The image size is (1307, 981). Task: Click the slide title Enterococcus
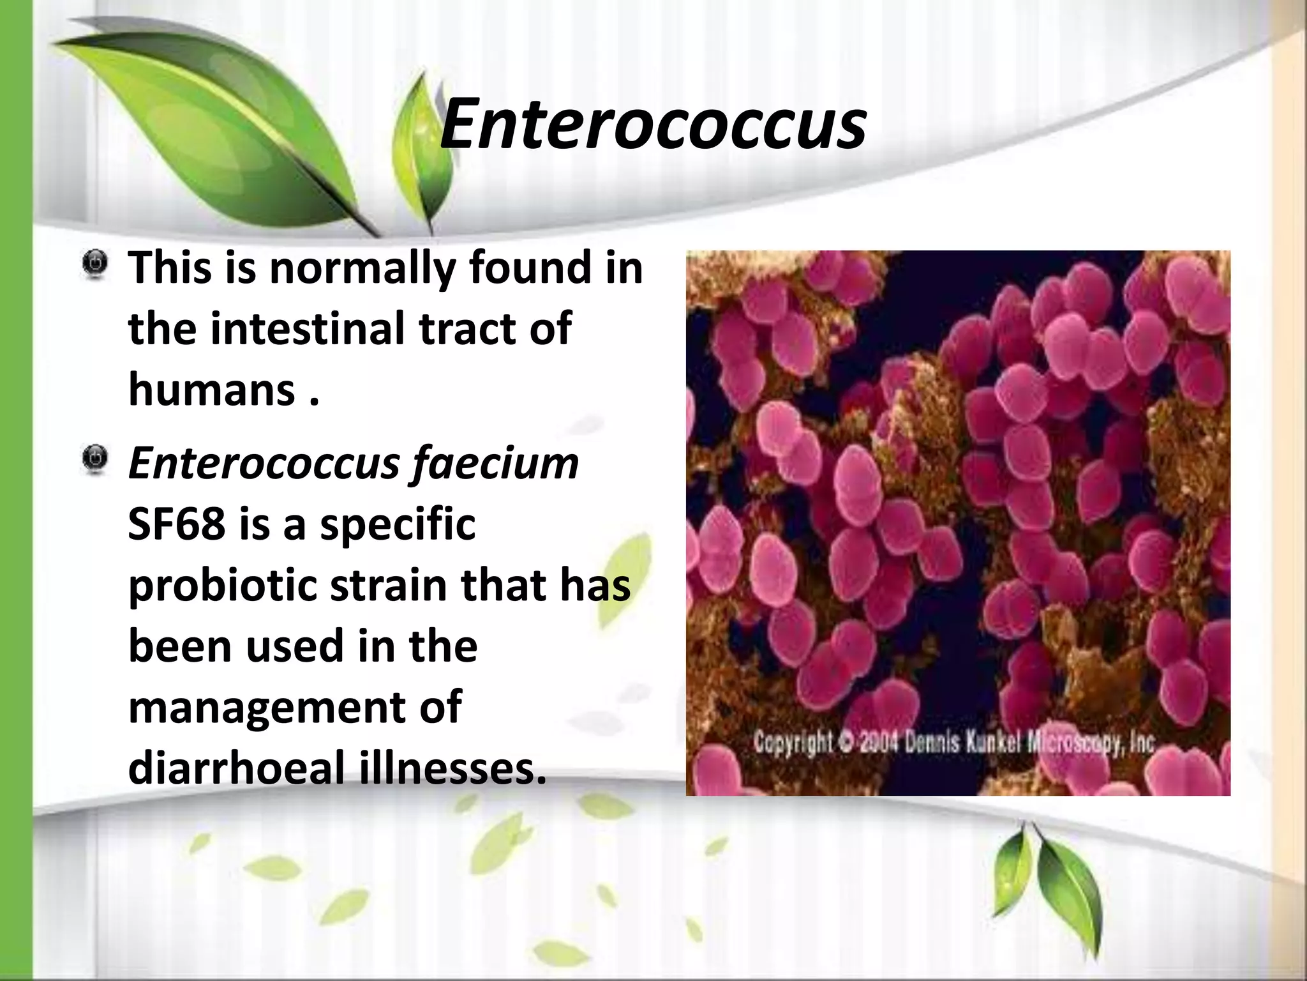pos(653,123)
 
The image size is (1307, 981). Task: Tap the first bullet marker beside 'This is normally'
pos(95,264)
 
